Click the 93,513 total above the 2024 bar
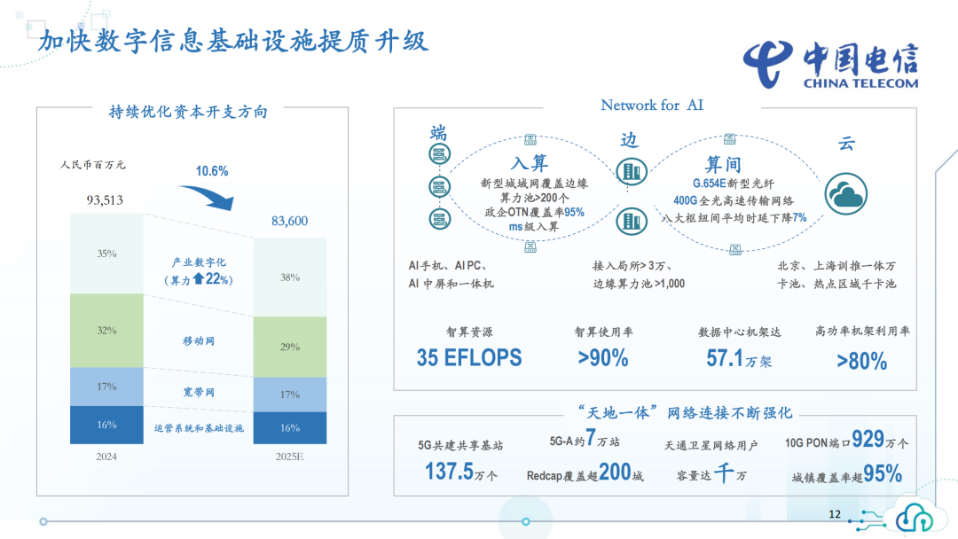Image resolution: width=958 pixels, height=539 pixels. click(x=105, y=200)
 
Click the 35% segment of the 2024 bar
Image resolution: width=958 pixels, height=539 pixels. click(x=106, y=254)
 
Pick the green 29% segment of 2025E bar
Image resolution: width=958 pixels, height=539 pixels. click(x=290, y=348)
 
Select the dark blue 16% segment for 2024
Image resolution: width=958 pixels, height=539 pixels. click(x=106, y=426)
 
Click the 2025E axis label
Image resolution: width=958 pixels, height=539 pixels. click(x=290, y=457)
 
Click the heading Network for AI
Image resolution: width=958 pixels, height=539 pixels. click(x=652, y=105)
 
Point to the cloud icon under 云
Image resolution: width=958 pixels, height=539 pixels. click(x=847, y=192)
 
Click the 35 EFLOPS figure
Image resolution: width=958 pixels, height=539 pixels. click(x=469, y=357)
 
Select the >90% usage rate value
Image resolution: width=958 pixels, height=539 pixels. click(x=603, y=358)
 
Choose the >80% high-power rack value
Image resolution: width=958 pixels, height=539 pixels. click(x=861, y=361)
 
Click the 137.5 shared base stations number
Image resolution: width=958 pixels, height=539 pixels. click(x=450, y=472)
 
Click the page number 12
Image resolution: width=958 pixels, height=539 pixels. click(x=834, y=514)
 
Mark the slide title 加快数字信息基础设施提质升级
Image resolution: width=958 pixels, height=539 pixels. click(x=234, y=41)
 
